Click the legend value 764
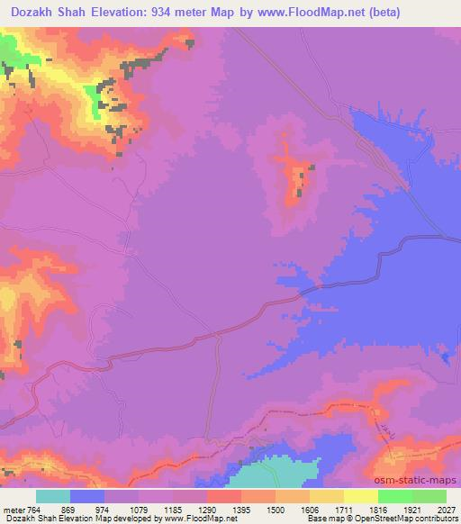[x=33, y=508]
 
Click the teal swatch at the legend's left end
[x=53, y=496]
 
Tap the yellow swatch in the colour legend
[x=361, y=496]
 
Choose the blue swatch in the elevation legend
[x=87, y=496]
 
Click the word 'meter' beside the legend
[x=13, y=508]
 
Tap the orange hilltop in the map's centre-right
[x=294, y=180]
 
